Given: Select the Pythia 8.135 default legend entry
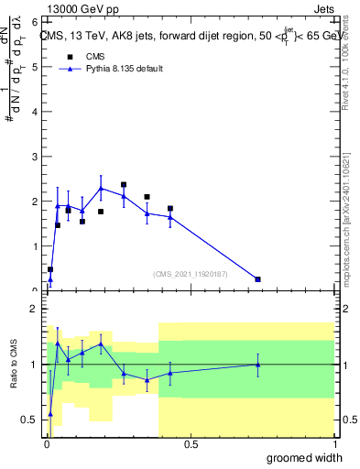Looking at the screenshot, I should tap(125, 69).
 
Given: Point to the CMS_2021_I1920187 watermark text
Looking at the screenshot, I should tap(191, 274).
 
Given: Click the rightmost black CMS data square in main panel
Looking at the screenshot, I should tap(258, 279).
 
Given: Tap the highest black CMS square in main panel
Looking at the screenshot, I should tap(124, 184).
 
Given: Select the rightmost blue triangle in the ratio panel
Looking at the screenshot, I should tap(258, 365).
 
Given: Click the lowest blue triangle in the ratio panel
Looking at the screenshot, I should tap(50, 414).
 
